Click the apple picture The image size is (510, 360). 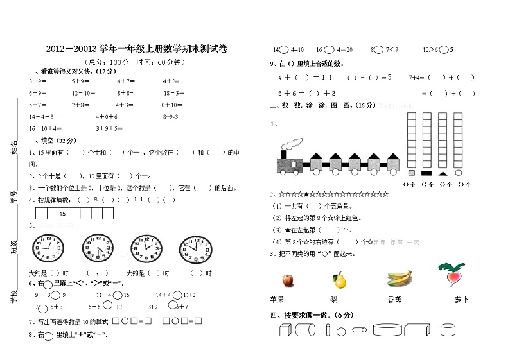287,279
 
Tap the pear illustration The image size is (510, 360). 339,280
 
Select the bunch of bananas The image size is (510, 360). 399,278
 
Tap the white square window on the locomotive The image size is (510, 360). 294,164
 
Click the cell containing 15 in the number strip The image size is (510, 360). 62,213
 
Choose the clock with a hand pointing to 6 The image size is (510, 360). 96,248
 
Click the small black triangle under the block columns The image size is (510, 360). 443,173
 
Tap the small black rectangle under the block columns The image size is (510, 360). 426,173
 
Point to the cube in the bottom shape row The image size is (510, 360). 285,330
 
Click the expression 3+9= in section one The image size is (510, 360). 37,81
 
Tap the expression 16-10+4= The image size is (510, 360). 44,128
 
